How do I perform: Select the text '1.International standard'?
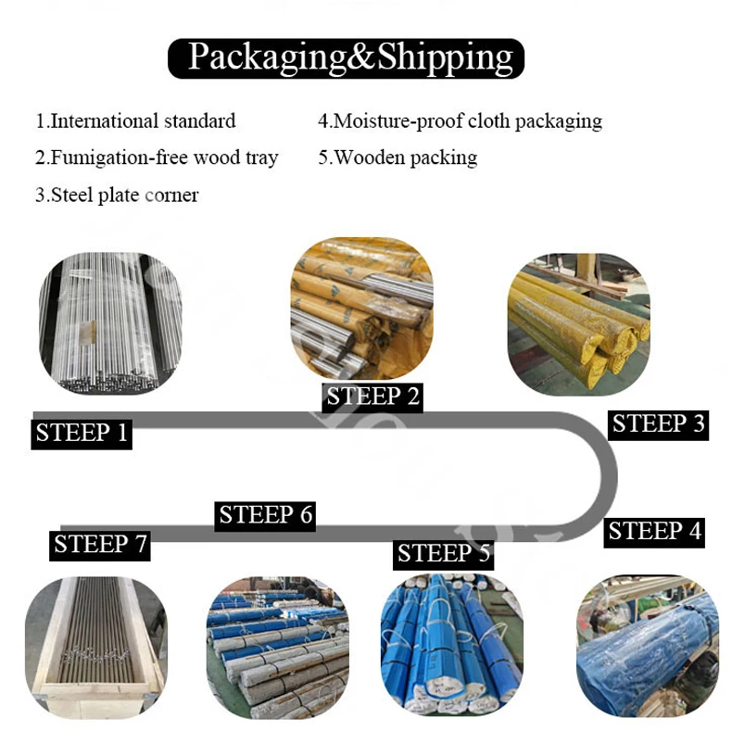(x=135, y=120)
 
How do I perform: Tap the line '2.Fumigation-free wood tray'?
(x=157, y=157)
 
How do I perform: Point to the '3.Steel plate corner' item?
(x=117, y=195)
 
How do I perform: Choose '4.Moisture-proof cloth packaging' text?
(x=460, y=120)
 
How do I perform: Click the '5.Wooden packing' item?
(x=398, y=157)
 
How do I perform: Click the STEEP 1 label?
(x=82, y=432)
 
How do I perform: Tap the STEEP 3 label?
(x=659, y=423)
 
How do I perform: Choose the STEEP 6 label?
(x=266, y=514)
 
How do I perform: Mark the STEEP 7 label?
(x=100, y=544)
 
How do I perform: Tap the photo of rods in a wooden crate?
(x=95, y=648)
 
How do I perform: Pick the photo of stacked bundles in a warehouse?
(x=276, y=649)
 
